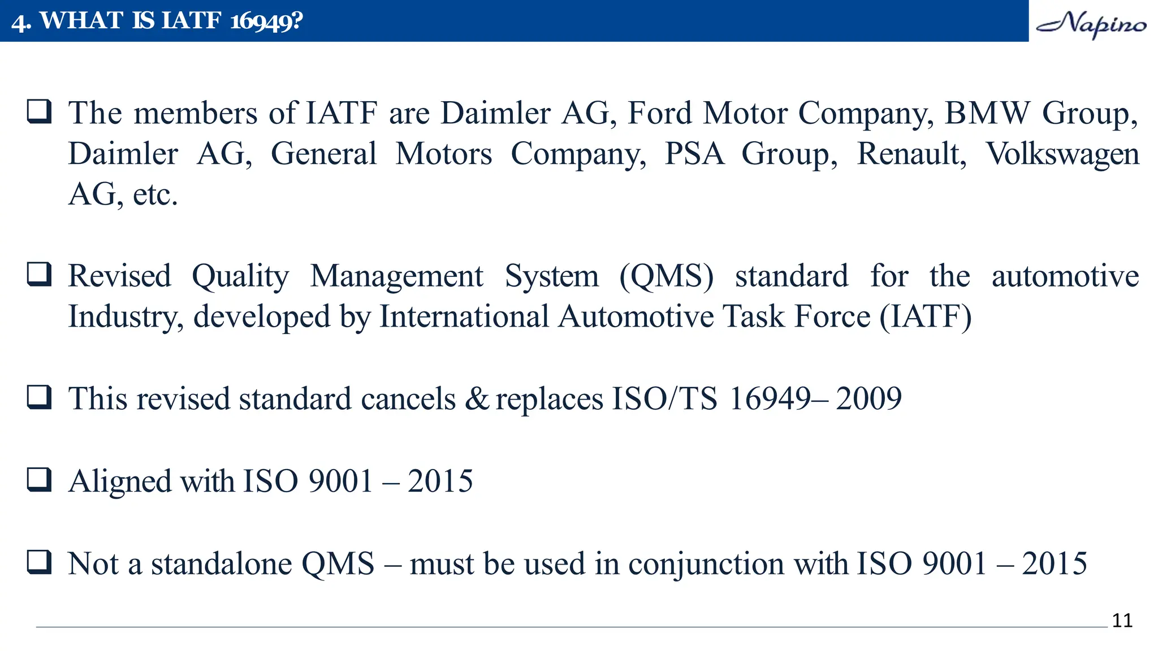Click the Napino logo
(1091, 24)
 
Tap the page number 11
(1122, 620)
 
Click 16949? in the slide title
(266, 21)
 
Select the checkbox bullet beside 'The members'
(40, 111)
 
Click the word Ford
(660, 113)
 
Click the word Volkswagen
(1062, 154)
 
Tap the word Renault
(911, 154)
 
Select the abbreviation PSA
(694, 154)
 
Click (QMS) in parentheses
(666, 276)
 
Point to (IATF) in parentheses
(926, 316)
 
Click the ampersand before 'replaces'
(477, 399)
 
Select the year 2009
(868, 399)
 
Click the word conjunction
(705, 564)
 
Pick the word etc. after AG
(155, 195)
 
